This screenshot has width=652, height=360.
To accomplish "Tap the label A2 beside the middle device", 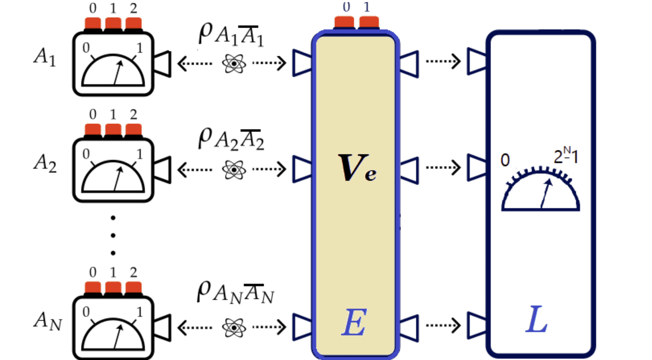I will tap(45, 163).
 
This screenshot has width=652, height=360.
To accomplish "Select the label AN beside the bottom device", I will tap(47, 321).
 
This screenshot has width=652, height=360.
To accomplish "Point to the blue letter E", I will tap(354, 322).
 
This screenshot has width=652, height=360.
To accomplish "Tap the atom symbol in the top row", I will tap(234, 64).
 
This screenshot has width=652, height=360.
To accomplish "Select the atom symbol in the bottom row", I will tap(234, 327).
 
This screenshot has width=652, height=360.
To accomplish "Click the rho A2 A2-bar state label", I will tap(231, 139).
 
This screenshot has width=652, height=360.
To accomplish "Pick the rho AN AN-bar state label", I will tap(235, 293).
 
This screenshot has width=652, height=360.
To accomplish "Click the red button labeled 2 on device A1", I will tap(133, 24).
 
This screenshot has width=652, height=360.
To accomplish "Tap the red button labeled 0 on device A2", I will tap(93, 130).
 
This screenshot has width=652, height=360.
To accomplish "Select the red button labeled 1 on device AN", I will tap(113, 288).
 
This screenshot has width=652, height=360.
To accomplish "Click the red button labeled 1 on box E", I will tap(369, 22).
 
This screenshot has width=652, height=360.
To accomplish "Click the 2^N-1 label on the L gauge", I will tap(566, 156).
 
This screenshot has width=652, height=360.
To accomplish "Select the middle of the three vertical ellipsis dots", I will tap(113, 235).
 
